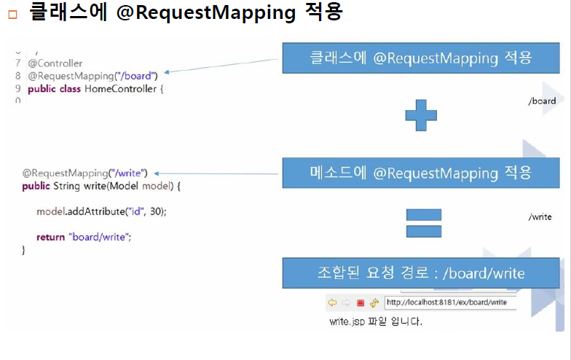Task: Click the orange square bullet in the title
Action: tap(12, 15)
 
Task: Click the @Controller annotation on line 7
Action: tap(55, 63)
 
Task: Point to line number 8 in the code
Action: tap(17, 76)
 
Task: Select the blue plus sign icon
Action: tap(421, 115)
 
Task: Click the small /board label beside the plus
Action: tap(542, 101)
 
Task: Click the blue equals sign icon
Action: tap(423, 222)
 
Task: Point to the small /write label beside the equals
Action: tap(540, 217)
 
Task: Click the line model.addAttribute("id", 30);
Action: tap(102, 211)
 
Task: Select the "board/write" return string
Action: tap(100, 237)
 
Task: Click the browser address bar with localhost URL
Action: tap(449, 302)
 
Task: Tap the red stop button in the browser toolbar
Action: tap(361, 302)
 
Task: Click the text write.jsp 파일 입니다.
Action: tap(375, 321)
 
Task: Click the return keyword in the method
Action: tap(50, 237)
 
